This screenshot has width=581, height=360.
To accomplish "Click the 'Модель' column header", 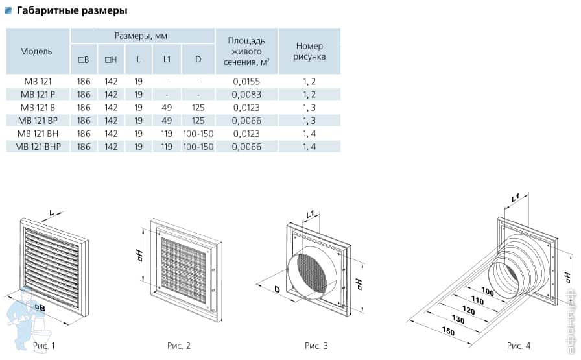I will pos(36,51).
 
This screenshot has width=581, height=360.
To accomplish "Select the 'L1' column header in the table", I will pos(167,60).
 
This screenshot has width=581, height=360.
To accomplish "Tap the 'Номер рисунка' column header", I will pos(309,51).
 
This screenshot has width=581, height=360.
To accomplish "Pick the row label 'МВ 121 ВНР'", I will pos(37,147).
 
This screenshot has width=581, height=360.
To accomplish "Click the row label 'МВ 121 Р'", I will pos(36,95).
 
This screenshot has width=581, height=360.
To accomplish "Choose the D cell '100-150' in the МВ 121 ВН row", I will pos(198,134).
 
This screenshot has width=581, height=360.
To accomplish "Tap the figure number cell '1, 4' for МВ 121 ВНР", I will pos(309,147).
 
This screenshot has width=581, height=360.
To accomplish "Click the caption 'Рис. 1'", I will pos(43,346).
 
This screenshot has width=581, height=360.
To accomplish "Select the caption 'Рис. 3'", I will pos(316,346).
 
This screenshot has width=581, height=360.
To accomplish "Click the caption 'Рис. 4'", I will pos(519,346).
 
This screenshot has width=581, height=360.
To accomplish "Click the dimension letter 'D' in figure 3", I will pos(277,288).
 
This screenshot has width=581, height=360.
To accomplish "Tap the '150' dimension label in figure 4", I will pos(447,331).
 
